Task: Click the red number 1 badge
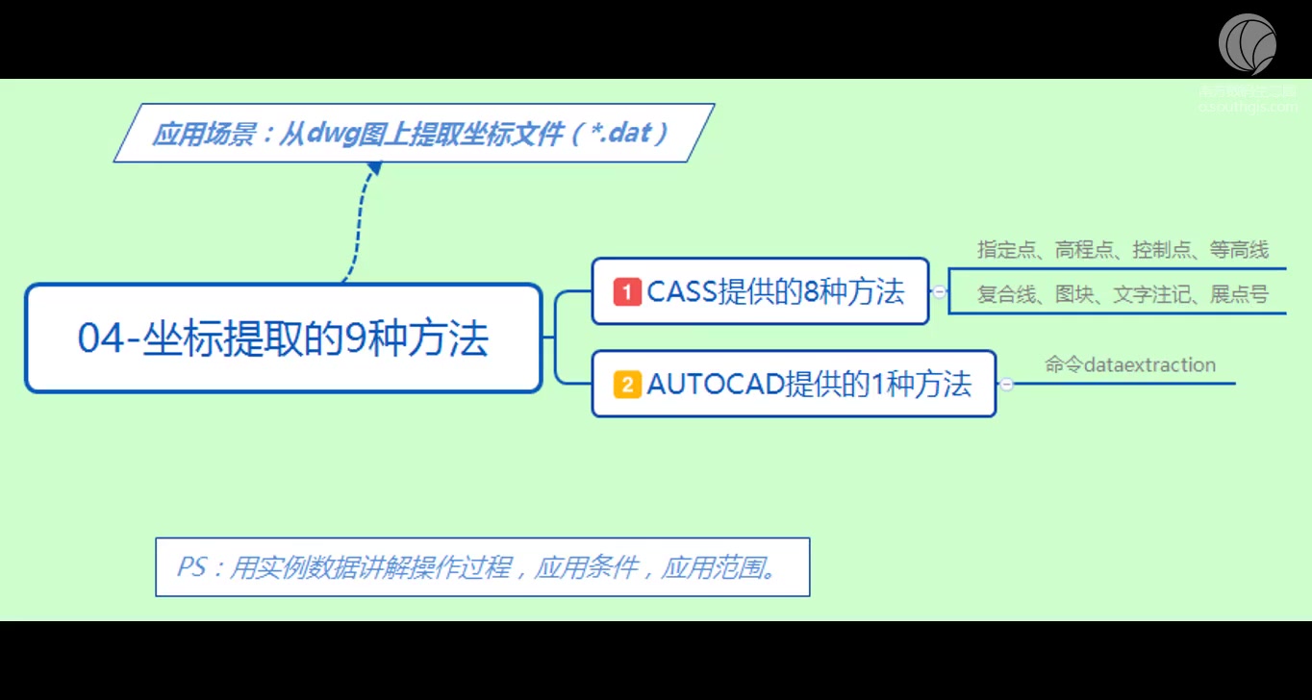627,291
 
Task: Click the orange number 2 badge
627,385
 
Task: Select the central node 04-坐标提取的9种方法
284,338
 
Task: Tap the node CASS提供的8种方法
760,291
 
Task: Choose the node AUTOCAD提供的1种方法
794,385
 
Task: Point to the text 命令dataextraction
1130,365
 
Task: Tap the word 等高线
1240,251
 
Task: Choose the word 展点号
1240,295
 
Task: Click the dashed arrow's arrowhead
375,168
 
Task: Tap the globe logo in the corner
1248,44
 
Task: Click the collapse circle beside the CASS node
939,291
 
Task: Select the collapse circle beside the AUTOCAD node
1006,385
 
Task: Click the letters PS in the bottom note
191,567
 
